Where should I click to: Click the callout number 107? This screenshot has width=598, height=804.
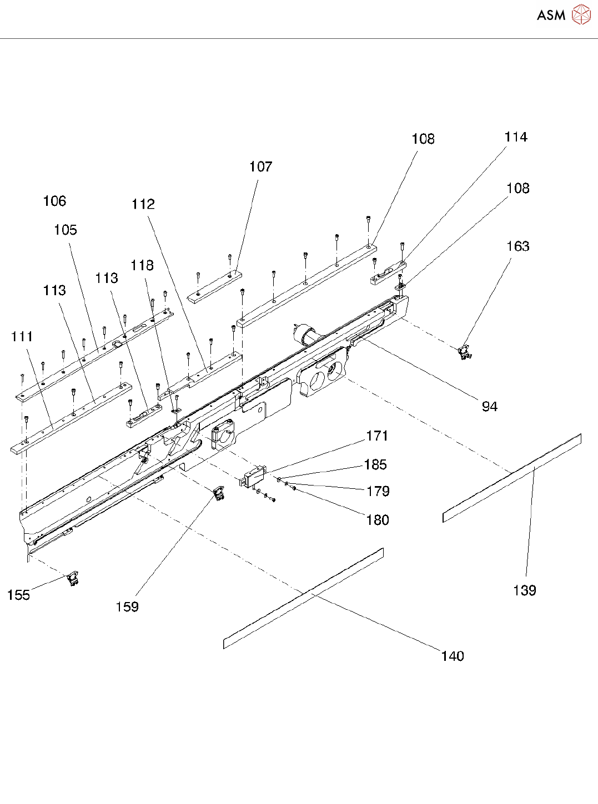click(x=260, y=166)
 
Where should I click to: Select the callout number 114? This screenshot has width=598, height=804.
click(x=515, y=137)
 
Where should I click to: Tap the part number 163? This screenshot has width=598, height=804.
click(x=517, y=246)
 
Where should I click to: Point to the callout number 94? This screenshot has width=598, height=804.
click(x=489, y=407)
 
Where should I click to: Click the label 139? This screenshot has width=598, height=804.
click(x=524, y=590)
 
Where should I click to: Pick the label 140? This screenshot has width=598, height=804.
click(x=452, y=656)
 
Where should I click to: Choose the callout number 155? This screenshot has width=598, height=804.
click(x=18, y=595)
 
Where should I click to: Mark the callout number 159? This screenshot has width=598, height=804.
click(x=127, y=607)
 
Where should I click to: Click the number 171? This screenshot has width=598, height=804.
click(x=377, y=436)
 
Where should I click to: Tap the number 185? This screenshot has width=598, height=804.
click(x=375, y=465)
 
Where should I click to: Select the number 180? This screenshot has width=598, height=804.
click(x=378, y=520)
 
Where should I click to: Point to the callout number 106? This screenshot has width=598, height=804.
click(x=54, y=201)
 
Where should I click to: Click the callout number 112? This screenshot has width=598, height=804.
click(x=143, y=204)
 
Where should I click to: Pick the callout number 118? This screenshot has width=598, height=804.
click(x=142, y=266)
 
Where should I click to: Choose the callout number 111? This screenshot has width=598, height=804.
click(x=22, y=337)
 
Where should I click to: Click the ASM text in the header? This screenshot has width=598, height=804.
click(x=551, y=16)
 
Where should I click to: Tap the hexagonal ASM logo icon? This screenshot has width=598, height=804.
click(x=581, y=15)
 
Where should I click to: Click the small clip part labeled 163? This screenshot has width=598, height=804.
click(x=464, y=352)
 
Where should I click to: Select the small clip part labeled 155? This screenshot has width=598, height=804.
click(x=73, y=579)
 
